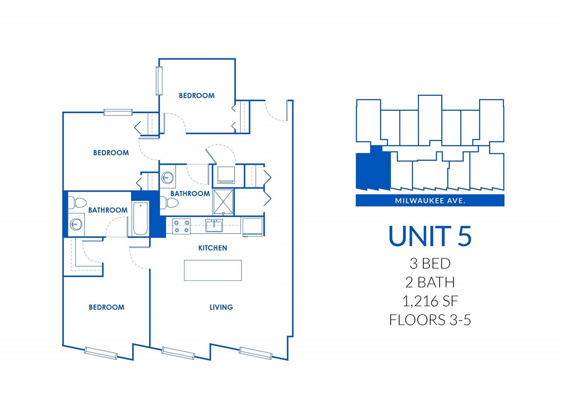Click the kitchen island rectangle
(213, 270)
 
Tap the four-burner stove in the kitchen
(182, 227)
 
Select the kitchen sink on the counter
(214, 225)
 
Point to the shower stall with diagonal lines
(223, 202)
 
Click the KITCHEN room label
(212, 248)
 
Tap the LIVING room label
(221, 307)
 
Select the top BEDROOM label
(196, 96)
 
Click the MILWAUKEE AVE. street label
(430, 201)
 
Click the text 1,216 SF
(430, 301)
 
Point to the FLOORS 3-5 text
(430, 320)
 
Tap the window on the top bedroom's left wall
(159, 81)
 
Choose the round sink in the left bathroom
(76, 224)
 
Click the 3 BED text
(430, 263)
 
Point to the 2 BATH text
(430, 282)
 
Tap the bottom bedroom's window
(101, 353)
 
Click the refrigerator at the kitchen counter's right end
(253, 227)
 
